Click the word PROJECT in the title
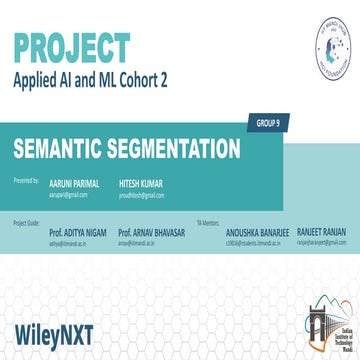click(71, 47)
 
